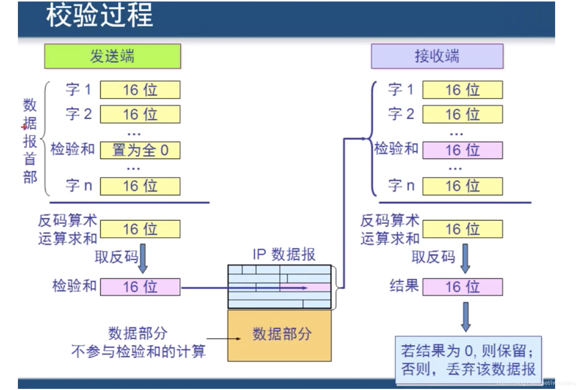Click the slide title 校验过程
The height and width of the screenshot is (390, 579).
pyautogui.click(x=100, y=16)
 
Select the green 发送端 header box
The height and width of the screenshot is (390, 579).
pyautogui.click(x=112, y=56)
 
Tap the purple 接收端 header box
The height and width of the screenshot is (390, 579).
pyautogui.click(x=437, y=56)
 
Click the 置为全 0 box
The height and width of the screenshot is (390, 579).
pyautogui.click(x=140, y=150)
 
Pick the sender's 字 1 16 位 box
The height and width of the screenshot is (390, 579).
pyautogui.click(x=140, y=90)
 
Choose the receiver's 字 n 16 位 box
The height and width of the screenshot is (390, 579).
pyautogui.click(x=463, y=186)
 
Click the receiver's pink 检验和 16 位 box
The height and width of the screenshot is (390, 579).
pyautogui.click(x=463, y=150)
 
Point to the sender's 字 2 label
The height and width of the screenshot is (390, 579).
pyautogui.click(x=79, y=114)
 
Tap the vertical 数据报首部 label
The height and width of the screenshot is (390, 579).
pyautogui.click(x=30, y=141)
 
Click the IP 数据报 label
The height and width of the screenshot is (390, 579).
pyautogui.click(x=284, y=255)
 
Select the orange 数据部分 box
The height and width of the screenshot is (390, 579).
pyautogui.click(x=279, y=335)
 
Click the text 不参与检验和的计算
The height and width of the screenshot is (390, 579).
pyautogui.click(x=138, y=352)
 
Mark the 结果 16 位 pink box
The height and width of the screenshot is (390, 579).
pyautogui.click(x=463, y=287)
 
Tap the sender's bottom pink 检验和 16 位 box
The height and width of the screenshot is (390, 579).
pyautogui.click(x=140, y=287)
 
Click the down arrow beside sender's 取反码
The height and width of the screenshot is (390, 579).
pyautogui.click(x=143, y=258)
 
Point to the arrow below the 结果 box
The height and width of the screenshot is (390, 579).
pyautogui.click(x=466, y=317)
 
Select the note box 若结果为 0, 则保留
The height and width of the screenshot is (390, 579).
pyautogui.click(x=468, y=360)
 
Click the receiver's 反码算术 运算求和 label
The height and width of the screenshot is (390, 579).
pyautogui.click(x=390, y=229)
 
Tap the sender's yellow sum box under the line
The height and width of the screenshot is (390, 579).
pyautogui.click(x=140, y=229)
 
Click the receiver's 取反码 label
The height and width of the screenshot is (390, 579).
pyautogui.click(x=434, y=257)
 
